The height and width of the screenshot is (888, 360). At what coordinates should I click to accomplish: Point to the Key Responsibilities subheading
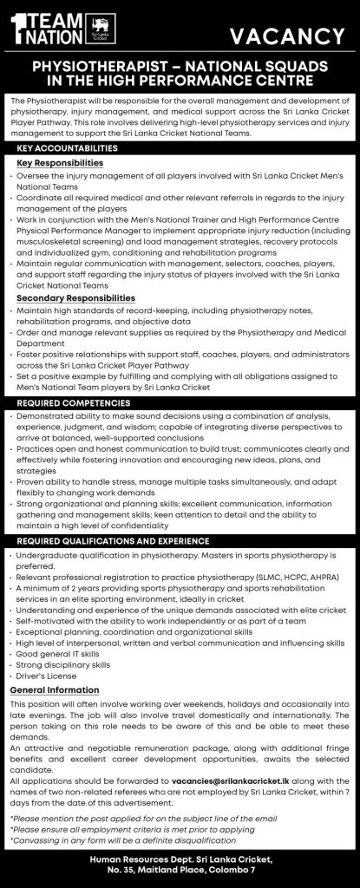click(60, 163)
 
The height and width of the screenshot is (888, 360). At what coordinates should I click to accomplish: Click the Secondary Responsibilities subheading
click(73, 298)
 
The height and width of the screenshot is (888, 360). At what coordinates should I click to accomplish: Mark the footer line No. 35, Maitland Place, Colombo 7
click(180, 872)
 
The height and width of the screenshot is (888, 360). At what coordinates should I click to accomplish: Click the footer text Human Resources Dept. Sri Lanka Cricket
click(180, 859)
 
